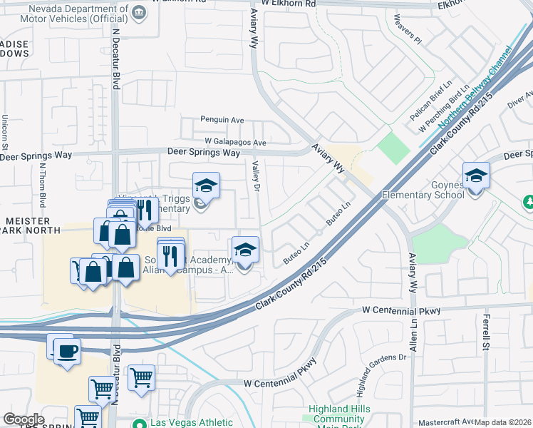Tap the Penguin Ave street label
pyautogui.click(x=222, y=120)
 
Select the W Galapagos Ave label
pyautogui.click(x=234, y=143)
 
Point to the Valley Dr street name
pyautogui.click(x=254, y=176)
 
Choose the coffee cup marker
pyautogui.click(x=67, y=351)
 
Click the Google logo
pyautogui.click(x=24, y=419)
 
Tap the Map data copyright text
pyautogui.click(x=503, y=423)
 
